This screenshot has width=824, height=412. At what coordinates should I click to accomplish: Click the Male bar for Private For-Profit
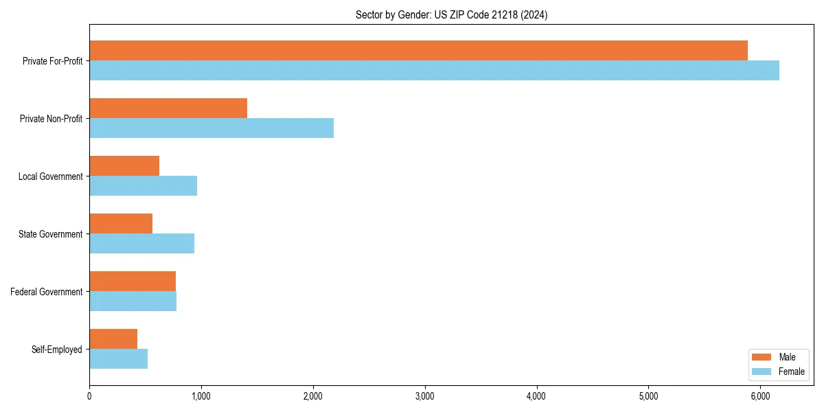click(x=418, y=50)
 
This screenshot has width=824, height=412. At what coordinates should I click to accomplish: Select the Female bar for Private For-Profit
click(x=434, y=70)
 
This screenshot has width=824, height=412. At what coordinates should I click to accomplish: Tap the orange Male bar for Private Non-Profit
click(x=168, y=108)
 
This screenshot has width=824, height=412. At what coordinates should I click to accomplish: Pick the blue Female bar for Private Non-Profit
click(x=211, y=128)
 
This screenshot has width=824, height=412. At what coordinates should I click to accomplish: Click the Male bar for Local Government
click(x=124, y=165)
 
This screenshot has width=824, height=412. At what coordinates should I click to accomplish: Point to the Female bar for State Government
click(x=141, y=243)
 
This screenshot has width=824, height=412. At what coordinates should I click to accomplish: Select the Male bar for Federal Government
click(x=133, y=281)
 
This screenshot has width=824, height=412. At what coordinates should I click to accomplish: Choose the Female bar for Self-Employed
click(x=118, y=358)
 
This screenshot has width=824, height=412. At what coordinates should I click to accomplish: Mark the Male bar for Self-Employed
click(x=113, y=339)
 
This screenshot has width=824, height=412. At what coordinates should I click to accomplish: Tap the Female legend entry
click(x=779, y=371)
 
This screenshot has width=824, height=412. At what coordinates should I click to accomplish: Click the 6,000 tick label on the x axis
click(x=760, y=396)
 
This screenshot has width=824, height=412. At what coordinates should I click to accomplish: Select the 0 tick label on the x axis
click(x=89, y=396)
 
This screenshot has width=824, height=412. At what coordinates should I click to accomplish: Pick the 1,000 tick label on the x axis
click(x=201, y=396)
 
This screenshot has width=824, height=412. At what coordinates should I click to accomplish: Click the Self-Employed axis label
click(x=57, y=350)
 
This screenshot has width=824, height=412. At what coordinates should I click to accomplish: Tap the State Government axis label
click(x=51, y=234)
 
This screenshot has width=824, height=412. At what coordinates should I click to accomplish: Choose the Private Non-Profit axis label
click(x=51, y=119)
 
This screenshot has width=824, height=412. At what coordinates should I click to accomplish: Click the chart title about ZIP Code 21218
click(x=451, y=14)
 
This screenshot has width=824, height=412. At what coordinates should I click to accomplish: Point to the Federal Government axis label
click(x=47, y=292)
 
